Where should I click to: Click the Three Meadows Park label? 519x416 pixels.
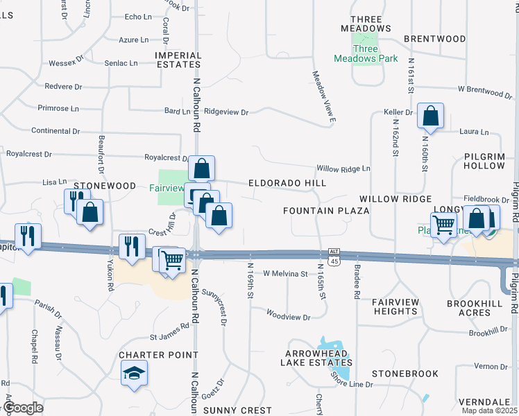pyautogui.click(x=375, y=54)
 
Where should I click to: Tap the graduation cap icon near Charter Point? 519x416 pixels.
pyautogui.click(x=130, y=374)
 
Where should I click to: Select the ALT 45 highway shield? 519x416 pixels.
pyautogui.click(x=334, y=257)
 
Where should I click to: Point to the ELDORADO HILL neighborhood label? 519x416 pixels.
pyautogui.click(x=287, y=182)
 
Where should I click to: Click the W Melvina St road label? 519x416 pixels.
pyautogui.click(x=284, y=274)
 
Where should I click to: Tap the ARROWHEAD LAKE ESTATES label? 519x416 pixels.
pyautogui.click(x=316, y=357)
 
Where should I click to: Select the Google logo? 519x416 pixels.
pyautogui.click(x=22, y=408)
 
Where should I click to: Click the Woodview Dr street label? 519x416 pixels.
pyautogui.click(x=288, y=297)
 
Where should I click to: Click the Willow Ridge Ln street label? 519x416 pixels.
pyautogui.click(x=343, y=168)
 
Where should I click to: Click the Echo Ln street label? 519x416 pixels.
pyautogui.click(x=137, y=17)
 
